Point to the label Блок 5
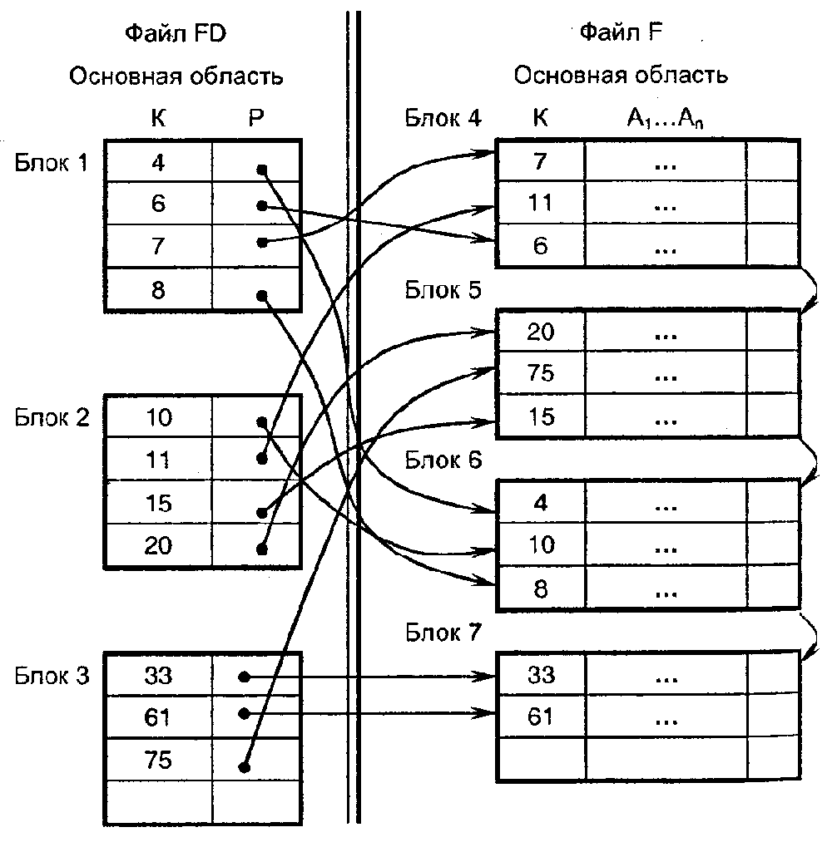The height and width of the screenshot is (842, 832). pos(443,289)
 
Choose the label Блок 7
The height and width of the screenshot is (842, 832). pos(443,633)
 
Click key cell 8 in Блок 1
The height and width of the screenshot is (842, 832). pos(158,291)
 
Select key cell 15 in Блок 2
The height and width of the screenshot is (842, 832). pos(158,503)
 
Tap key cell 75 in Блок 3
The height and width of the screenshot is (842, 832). pos(158,760)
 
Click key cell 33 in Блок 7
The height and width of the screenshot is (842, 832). pos(541,675)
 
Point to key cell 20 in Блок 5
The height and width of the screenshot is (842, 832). pos(541,332)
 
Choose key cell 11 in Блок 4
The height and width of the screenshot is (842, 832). pos(541,204)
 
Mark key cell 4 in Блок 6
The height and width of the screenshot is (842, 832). pos(541,504)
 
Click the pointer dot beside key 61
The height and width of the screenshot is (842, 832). pos(244,713)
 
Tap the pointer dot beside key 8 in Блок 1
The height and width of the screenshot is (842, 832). pos(262,295)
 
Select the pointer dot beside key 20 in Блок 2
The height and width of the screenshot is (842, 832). pos(262,549)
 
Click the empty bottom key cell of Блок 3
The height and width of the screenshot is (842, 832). pos(158,800)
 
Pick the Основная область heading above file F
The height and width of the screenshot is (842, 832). pos(621,76)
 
